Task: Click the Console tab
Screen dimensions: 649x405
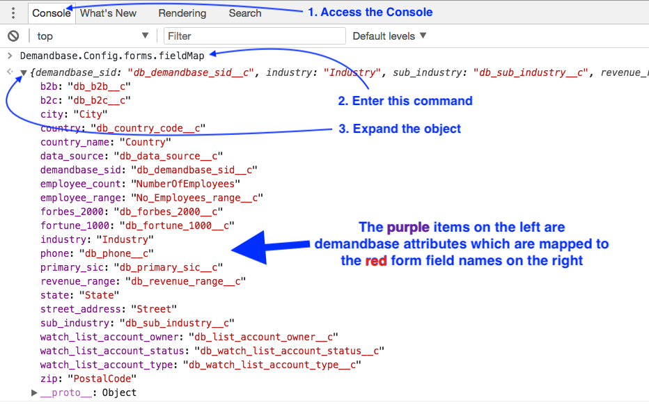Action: [52, 13]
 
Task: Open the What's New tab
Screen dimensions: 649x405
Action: [108, 13]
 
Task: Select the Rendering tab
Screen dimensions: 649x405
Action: [182, 13]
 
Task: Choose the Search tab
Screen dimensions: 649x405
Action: [245, 13]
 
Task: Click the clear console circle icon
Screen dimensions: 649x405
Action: [13, 36]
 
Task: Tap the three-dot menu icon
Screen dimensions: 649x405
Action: [13, 13]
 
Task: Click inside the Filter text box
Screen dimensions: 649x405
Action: [255, 36]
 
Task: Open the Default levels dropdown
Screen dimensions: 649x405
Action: [389, 36]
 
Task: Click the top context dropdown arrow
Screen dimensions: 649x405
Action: [145, 35]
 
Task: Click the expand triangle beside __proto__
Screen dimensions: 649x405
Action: [34, 392]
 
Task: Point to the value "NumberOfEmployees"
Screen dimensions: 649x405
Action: [185, 184]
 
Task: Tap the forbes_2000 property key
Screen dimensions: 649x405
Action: [72, 212]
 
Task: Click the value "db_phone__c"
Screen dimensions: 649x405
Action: [116, 253]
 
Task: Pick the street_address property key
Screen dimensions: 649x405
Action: [81, 309]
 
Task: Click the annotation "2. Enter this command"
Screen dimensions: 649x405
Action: [405, 101]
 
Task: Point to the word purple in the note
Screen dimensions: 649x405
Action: [408, 228]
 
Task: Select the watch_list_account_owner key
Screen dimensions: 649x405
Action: [110, 337]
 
